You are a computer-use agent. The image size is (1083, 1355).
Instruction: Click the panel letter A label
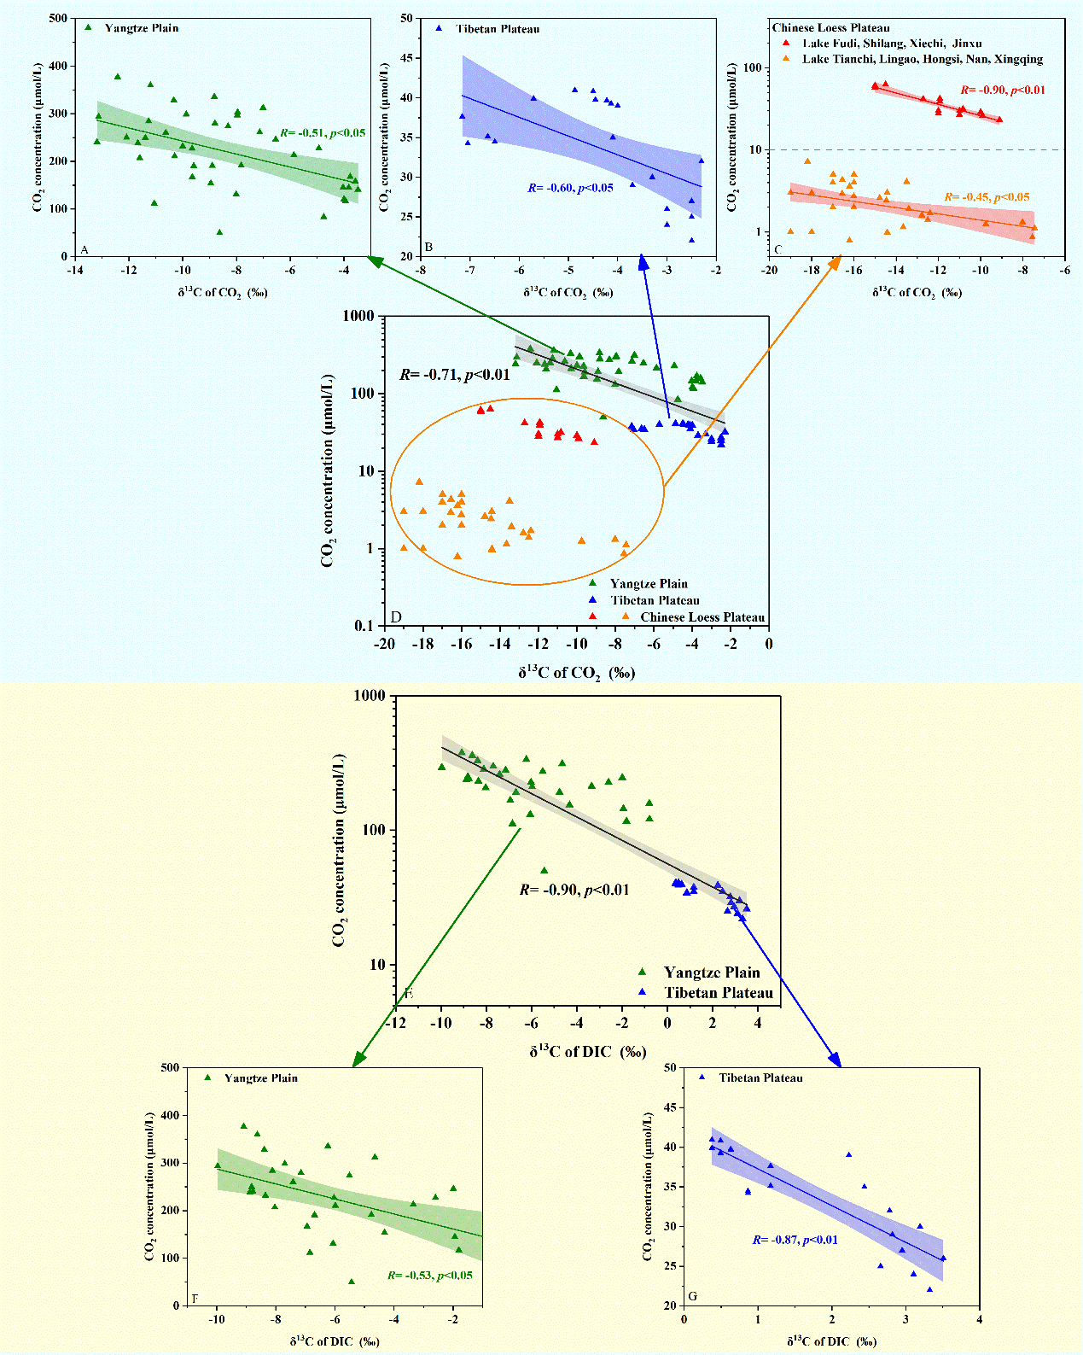(x=84, y=249)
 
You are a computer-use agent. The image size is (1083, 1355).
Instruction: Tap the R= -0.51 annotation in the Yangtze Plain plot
(x=323, y=134)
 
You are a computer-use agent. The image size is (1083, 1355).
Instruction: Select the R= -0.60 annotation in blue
(x=569, y=188)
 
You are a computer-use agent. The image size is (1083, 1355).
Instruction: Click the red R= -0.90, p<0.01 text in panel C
(x=1002, y=91)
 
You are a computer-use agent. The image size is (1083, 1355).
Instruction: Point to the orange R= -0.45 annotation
(x=987, y=198)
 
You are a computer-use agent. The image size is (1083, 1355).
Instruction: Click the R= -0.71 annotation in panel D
(x=454, y=375)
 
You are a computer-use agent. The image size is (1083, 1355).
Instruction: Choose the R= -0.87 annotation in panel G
(x=795, y=1240)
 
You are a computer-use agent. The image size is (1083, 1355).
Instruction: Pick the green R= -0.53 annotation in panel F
(x=429, y=1276)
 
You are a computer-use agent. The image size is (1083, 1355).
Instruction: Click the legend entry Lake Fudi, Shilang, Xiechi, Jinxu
(x=891, y=44)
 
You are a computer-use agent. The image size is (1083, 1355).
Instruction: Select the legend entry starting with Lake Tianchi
(x=922, y=59)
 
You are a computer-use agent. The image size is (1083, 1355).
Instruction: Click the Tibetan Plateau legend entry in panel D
(x=655, y=600)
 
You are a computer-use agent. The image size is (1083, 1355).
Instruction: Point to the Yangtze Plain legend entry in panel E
(x=711, y=972)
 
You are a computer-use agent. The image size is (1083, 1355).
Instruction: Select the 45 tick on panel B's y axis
(x=406, y=58)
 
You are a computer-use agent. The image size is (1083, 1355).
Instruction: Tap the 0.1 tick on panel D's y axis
(x=365, y=626)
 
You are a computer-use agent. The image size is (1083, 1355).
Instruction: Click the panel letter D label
(x=395, y=617)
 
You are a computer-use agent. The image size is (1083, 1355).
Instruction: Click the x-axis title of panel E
(x=588, y=1052)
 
